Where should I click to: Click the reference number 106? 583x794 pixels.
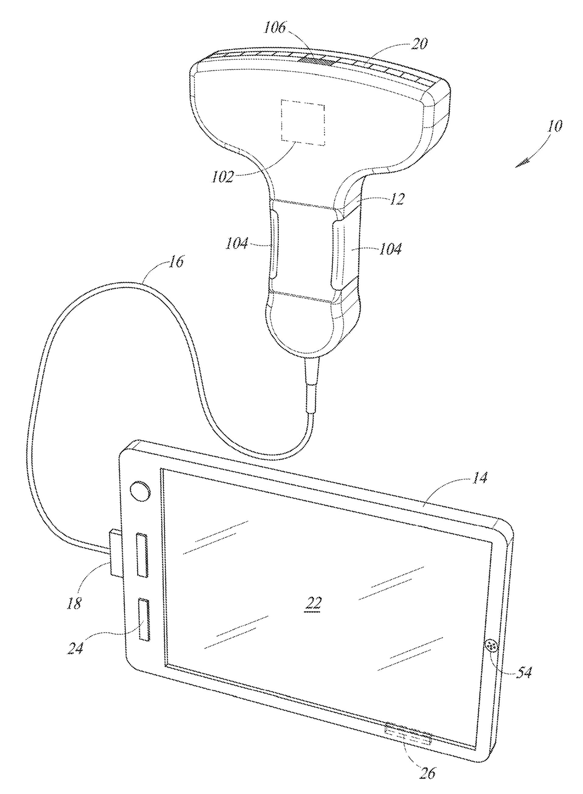pos(274,28)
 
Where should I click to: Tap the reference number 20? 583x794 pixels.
pos(419,44)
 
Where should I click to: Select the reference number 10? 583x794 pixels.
pos(555,126)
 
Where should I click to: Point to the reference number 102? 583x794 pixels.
pos(222,177)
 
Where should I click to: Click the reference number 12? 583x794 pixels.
pos(397,199)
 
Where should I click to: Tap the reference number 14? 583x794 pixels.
pos(480,478)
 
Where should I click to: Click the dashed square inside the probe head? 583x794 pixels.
pos(303,122)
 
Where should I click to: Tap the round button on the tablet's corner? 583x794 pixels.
pos(140,492)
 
